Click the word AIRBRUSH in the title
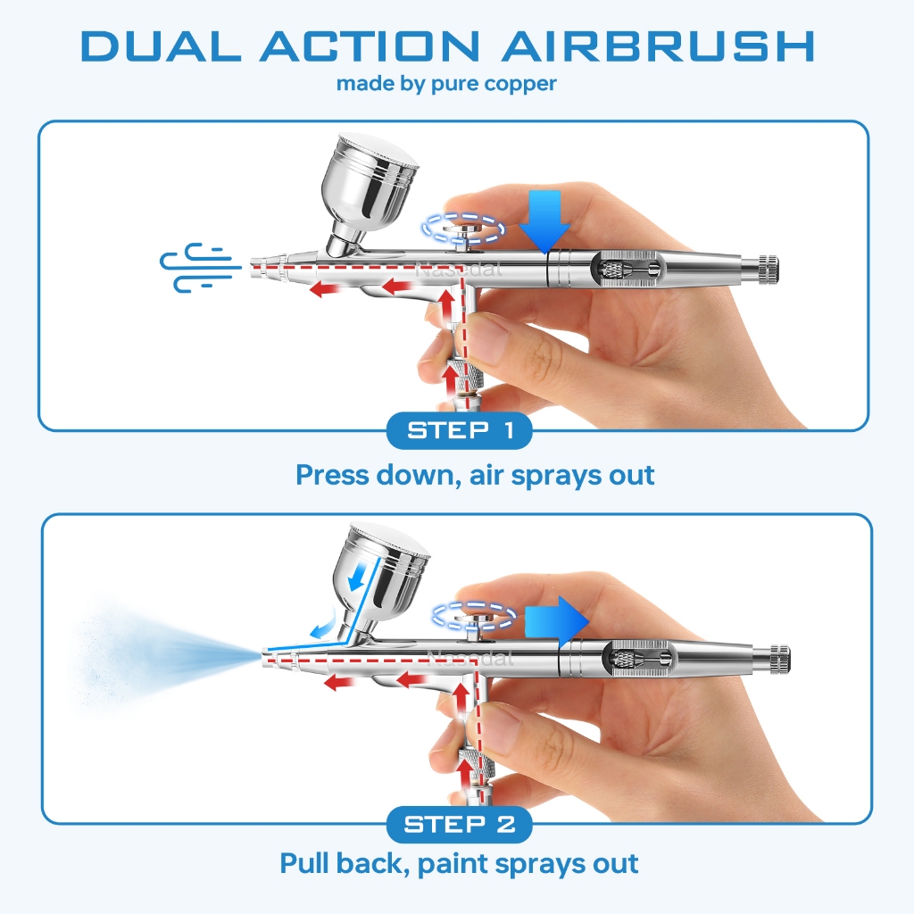(x=658, y=46)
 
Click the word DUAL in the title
(x=161, y=46)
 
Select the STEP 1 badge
(x=460, y=431)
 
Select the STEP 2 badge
(x=460, y=824)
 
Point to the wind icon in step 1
(x=200, y=268)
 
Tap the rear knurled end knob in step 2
(x=779, y=660)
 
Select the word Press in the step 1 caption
(x=332, y=475)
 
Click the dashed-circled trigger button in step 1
(x=463, y=228)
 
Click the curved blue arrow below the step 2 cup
(x=322, y=624)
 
